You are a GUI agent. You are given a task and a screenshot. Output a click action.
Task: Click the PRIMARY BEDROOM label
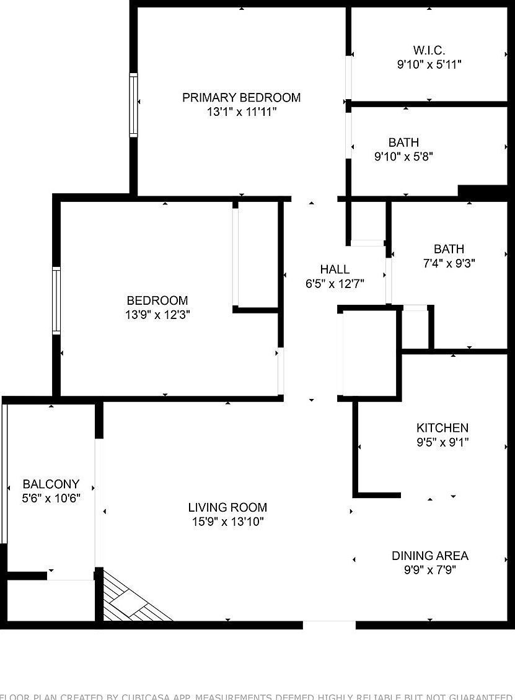click(x=241, y=97)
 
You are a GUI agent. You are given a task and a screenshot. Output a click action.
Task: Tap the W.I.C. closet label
click(x=429, y=50)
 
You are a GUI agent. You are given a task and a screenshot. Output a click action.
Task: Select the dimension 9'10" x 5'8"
click(x=403, y=157)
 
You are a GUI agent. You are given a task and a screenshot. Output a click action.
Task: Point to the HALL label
click(x=335, y=269)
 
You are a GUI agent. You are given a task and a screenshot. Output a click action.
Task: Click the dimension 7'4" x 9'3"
click(x=449, y=263)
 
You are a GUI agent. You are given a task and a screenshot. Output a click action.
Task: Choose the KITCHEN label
click(x=442, y=427)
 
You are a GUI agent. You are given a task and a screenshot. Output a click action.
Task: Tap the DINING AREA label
click(x=429, y=556)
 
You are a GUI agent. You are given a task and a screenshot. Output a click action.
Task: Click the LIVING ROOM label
click(x=227, y=507)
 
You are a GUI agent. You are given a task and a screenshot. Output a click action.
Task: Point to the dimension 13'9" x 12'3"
click(x=157, y=315)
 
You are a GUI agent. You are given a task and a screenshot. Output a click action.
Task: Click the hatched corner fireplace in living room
click(x=133, y=600)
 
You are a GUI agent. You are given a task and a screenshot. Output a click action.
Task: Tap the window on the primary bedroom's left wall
click(x=133, y=105)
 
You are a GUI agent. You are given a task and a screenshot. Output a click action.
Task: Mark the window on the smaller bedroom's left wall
click(x=56, y=300)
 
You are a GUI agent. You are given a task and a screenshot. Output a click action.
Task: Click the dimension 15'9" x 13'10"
click(x=227, y=522)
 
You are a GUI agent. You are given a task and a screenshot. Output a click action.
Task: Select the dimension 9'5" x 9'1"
click(x=442, y=442)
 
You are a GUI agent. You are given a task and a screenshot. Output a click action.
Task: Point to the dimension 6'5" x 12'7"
click(x=335, y=284)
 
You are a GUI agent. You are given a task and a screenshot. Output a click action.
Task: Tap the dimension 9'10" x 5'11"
click(x=429, y=64)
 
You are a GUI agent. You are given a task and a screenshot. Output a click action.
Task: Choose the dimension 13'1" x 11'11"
click(x=241, y=112)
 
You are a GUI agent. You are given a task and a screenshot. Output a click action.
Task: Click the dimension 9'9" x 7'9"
click(x=429, y=570)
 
